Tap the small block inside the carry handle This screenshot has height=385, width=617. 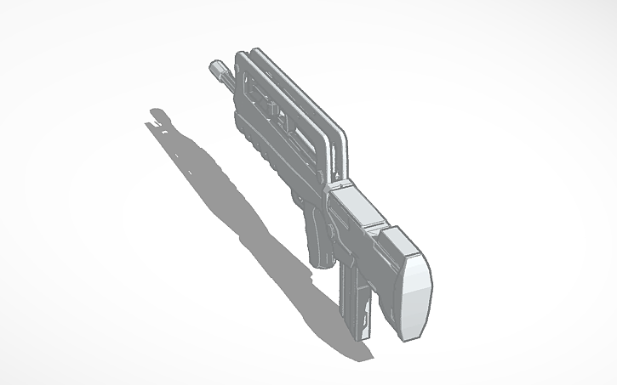pyautogui.click(x=264, y=107)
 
